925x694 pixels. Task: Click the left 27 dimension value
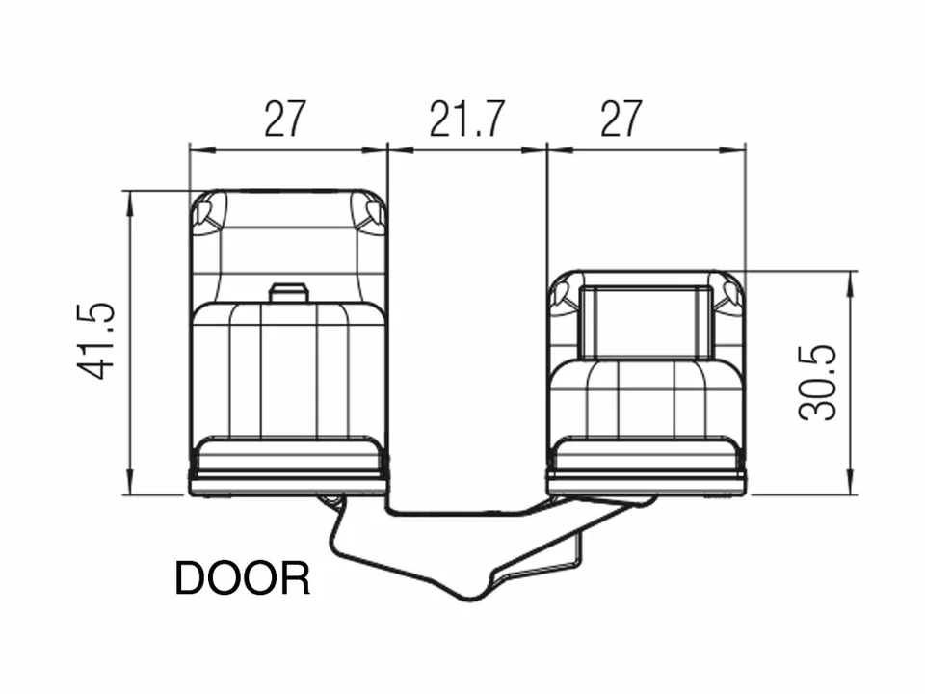(x=285, y=119)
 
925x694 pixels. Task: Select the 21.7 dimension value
(x=466, y=119)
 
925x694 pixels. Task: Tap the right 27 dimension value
(x=621, y=119)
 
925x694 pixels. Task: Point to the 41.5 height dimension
(x=95, y=341)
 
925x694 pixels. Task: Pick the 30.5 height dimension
(x=818, y=383)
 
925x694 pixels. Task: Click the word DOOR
(x=243, y=578)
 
